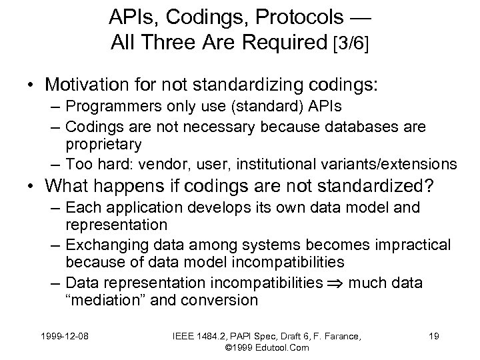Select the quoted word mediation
coord(109,300)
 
